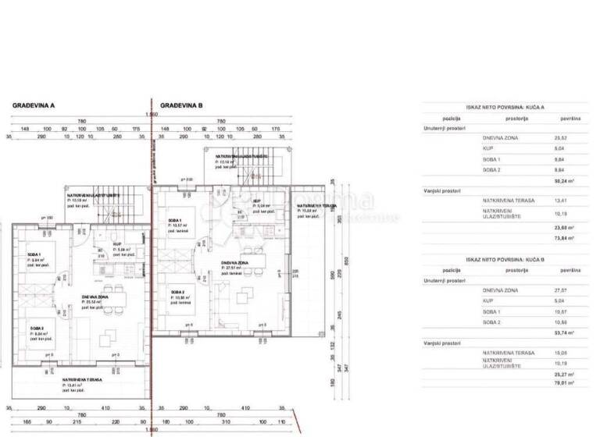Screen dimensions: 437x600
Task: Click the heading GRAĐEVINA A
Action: pyautogui.click(x=33, y=105)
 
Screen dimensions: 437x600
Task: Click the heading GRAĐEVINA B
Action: pyautogui.click(x=181, y=105)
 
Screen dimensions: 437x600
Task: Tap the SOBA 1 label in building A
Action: pyautogui.click(x=34, y=255)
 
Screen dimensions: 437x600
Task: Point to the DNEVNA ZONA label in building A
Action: pyautogui.click(x=95, y=297)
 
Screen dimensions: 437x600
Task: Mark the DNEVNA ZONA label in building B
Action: pyautogui.click(x=234, y=263)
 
